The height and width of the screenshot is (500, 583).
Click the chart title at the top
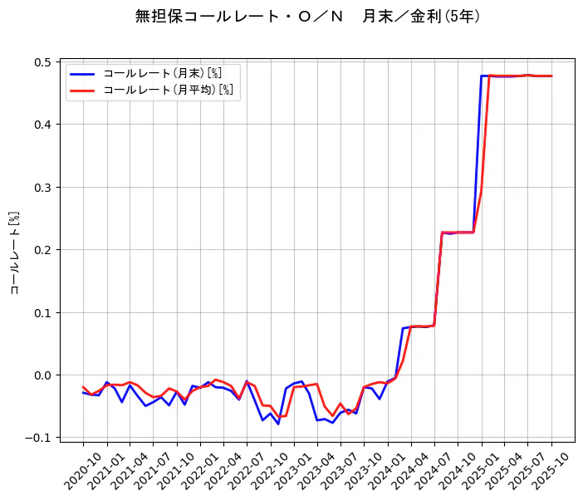(x=307, y=16)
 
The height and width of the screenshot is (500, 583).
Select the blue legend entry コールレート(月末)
(x=161, y=72)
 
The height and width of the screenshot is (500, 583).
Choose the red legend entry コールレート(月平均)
(x=166, y=90)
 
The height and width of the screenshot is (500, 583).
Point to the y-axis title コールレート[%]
(x=14, y=252)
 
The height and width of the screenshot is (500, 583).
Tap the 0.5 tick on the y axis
(x=41, y=62)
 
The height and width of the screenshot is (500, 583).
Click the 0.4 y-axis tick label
(x=41, y=125)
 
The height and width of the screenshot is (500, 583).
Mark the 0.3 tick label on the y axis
(x=41, y=188)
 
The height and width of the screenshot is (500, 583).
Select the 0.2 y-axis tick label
(x=41, y=250)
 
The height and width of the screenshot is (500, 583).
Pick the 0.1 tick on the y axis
(x=41, y=313)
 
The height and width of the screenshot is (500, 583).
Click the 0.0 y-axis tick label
(x=41, y=375)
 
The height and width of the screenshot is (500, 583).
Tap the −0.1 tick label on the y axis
(x=37, y=438)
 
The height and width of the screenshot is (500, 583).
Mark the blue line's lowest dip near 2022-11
(x=278, y=424)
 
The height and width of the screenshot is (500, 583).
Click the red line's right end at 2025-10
(x=551, y=76)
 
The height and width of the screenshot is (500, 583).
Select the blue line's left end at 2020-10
(x=83, y=392)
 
